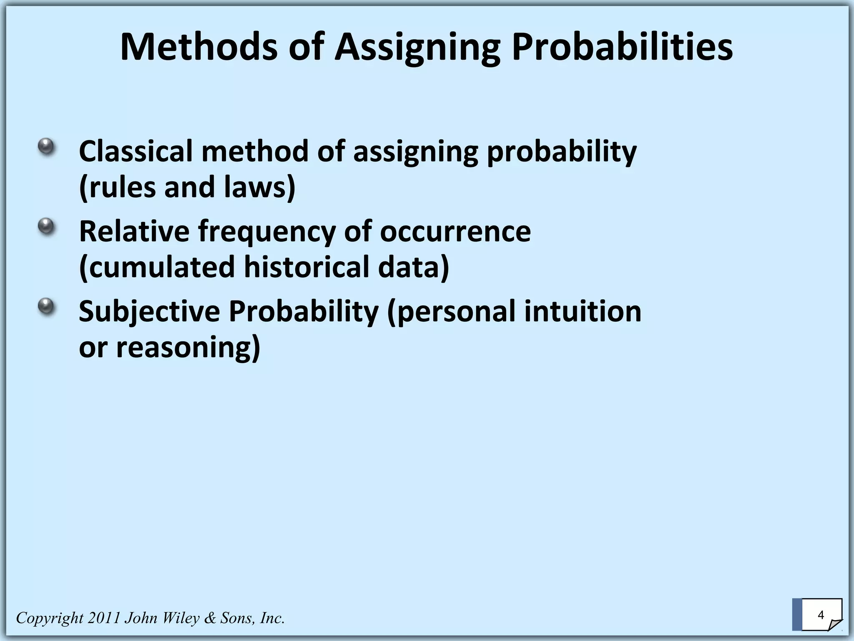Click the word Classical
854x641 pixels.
point(136,151)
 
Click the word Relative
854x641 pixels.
point(134,231)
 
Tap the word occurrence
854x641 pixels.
point(455,231)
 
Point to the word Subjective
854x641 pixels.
point(149,312)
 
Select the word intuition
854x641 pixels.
point(583,311)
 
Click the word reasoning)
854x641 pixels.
point(188,347)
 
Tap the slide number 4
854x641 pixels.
point(821,615)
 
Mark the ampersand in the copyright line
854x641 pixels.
point(210,618)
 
